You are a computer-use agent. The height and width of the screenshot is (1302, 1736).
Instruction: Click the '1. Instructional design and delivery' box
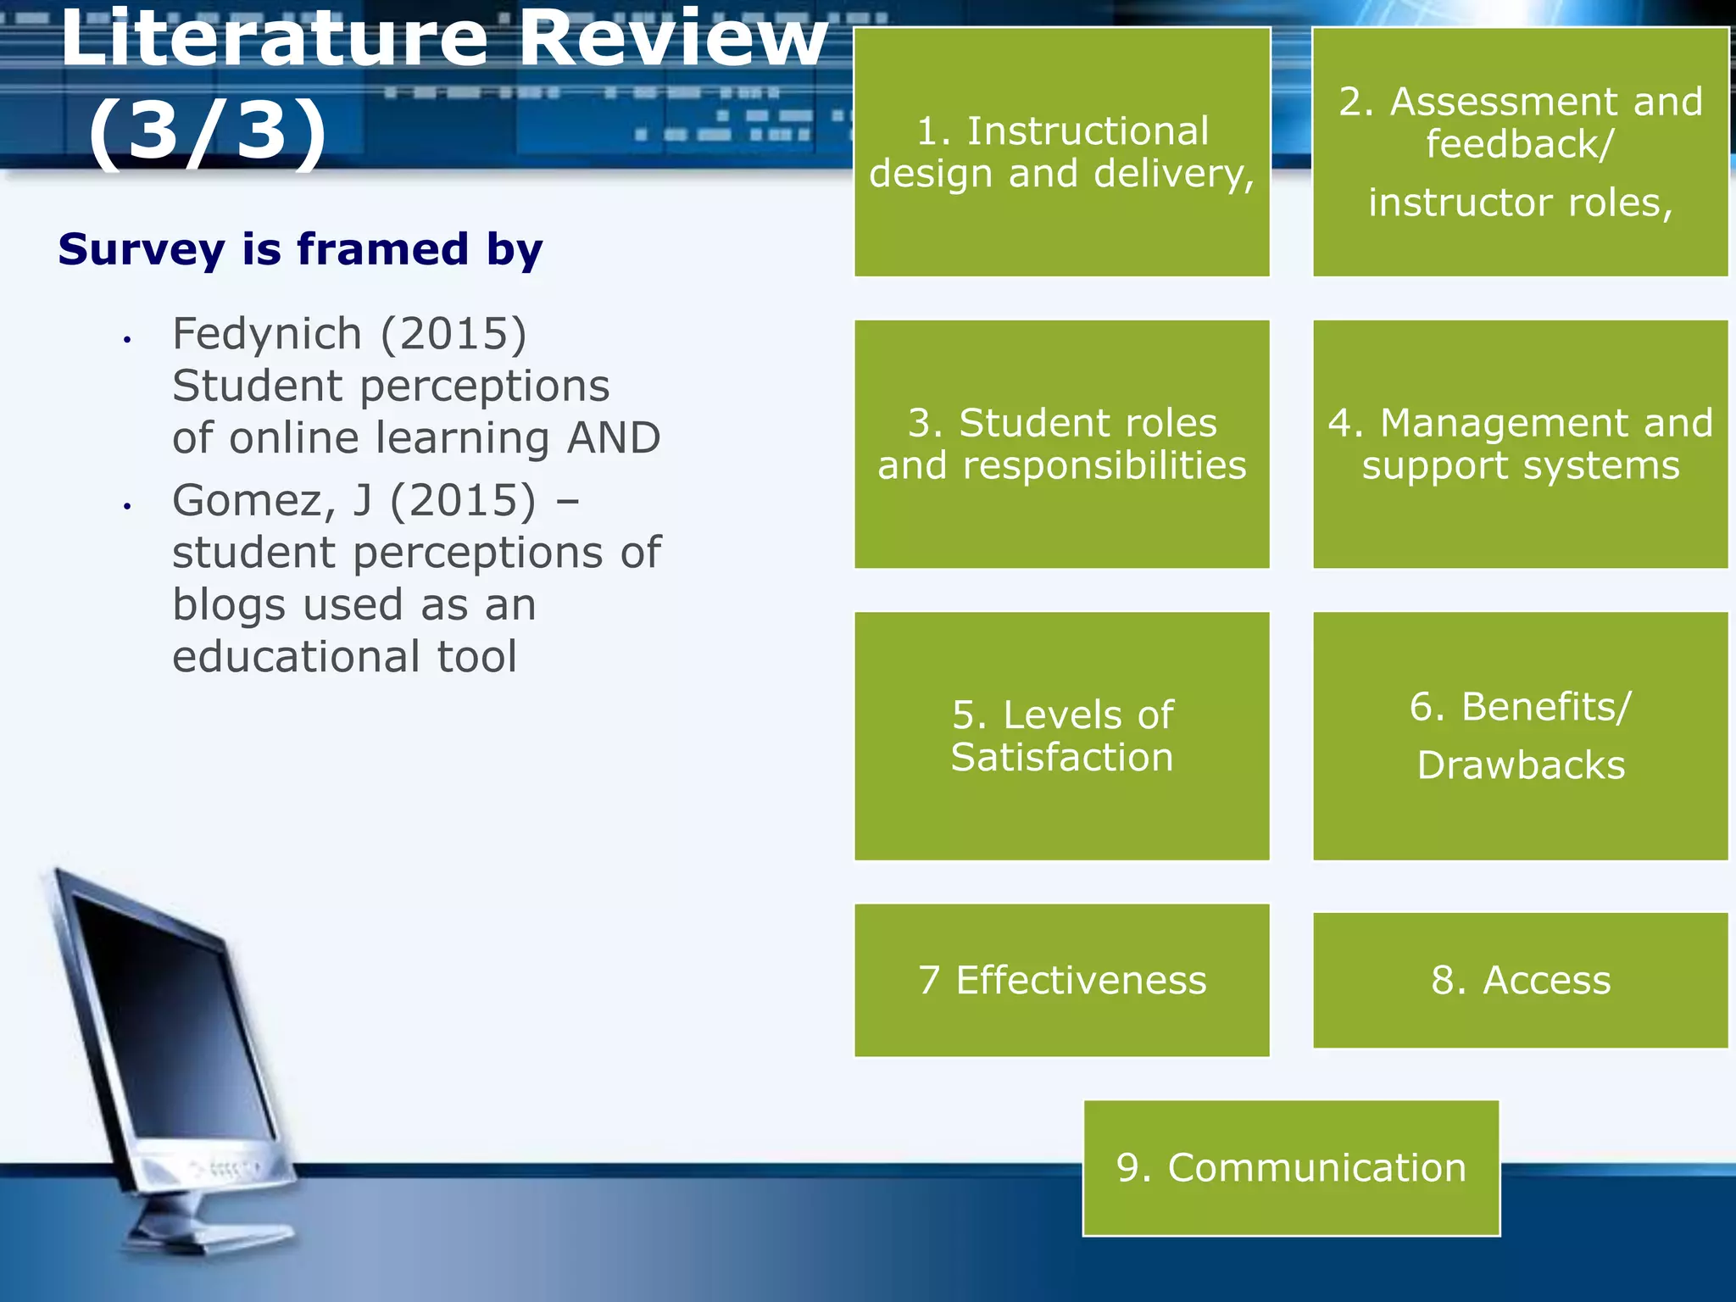[x=1061, y=152]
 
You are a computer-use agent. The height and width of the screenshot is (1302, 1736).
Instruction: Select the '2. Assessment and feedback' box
[x=1520, y=152]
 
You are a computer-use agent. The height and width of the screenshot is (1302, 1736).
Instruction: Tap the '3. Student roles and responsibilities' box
[x=1061, y=443]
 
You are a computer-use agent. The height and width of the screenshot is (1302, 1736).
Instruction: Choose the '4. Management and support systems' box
[x=1520, y=443]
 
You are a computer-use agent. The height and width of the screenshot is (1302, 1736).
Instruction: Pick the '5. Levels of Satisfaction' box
[x=1061, y=736]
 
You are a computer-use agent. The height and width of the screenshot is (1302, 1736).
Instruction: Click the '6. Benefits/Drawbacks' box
[x=1520, y=736]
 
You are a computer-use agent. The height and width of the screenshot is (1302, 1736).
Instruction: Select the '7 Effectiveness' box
[x=1061, y=980]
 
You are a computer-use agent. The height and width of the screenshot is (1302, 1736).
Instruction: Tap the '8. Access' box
[x=1520, y=980]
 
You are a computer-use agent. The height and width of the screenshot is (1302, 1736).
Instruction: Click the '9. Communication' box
[x=1291, y=1168]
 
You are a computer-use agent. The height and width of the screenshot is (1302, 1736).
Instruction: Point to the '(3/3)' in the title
[x=208, y=131]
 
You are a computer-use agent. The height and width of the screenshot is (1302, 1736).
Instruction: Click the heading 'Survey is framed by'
[x=300, y=249]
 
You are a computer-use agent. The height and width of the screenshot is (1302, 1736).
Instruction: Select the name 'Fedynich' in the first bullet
[x=267, y=333]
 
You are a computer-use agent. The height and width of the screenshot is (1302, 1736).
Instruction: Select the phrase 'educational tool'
[x=344, y=657]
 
